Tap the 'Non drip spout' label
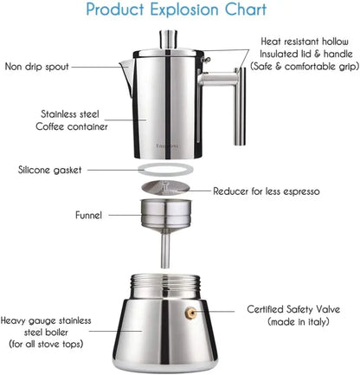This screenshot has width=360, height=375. coord(43,66)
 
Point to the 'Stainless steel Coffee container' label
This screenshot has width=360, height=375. coord(73,120)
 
